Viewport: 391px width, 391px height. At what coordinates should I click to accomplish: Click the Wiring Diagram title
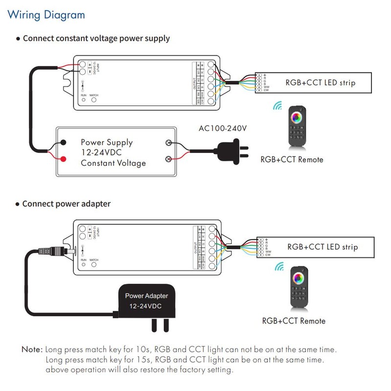(x=46, y=14)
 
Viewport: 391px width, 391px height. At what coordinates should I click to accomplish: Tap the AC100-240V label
(x=222, y=129)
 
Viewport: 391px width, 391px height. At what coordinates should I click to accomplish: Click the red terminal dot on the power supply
(x=64, y=159)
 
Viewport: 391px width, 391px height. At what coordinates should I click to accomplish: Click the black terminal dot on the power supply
(x=64, y=143)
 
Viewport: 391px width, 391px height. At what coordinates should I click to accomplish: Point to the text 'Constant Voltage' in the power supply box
(x=113, y=163)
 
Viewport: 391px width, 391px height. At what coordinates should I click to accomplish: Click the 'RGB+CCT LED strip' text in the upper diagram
(x=320, y=83)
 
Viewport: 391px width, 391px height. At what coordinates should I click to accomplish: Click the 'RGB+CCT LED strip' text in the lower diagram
(x=322, y=247)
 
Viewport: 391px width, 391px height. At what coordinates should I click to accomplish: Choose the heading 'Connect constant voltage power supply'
(x=96, y=38)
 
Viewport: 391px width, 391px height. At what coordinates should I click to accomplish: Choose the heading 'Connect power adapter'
(x=66, y=203)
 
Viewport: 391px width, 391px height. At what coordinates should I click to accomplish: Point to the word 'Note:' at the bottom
(x=32, y=350)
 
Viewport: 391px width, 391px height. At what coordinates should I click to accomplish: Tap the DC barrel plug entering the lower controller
(x=69, y=251)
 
